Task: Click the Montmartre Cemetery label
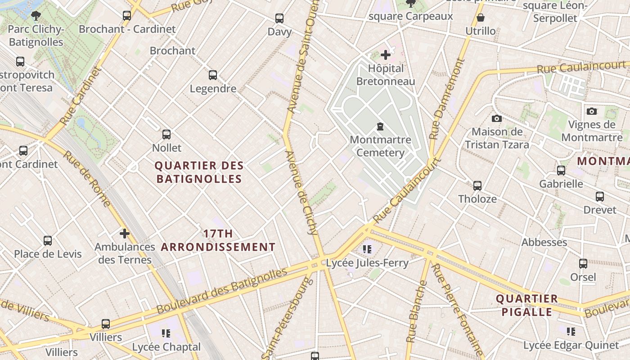[380, 146]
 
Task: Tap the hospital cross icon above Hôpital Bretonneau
[385, 55]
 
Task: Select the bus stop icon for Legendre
[213, 75]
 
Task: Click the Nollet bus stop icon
[166, 135]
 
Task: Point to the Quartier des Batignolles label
[199, 172]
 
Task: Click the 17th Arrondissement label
[218, 240]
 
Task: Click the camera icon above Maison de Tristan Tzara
[497, 118]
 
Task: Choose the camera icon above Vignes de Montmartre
[592, 111]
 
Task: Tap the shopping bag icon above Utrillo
[481, 18]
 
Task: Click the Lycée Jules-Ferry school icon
[367, 249]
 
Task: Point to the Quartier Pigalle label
[526, 305]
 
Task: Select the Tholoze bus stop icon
[477, 185]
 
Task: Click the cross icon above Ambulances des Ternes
[125, 234]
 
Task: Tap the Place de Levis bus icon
[48, 240]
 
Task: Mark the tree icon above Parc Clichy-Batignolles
[36, 16]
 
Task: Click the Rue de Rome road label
[86, 178]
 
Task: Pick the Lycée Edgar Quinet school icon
[571, 332]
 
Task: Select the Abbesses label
[544, 242]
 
